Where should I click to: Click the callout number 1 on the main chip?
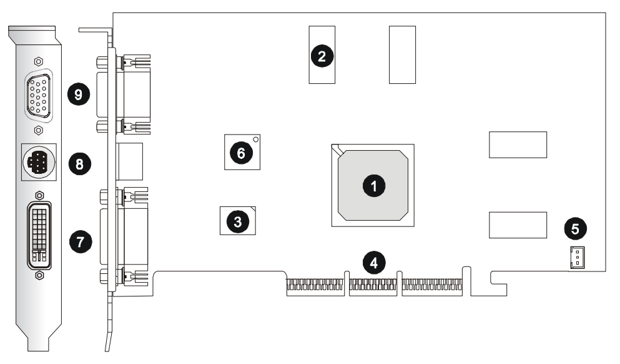[374, 185]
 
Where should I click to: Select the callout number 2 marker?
[322, 56]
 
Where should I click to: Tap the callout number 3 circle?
[238, 220]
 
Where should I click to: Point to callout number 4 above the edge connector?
[374, 262]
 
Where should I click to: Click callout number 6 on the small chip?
[242, 152]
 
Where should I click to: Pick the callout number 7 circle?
[80, 241]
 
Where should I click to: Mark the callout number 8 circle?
[79, 164]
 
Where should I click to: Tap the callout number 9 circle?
[79, 95]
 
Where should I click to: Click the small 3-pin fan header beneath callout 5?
[576, 256]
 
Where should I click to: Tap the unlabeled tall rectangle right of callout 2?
[402, 54]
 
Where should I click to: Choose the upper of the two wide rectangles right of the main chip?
[518, 144]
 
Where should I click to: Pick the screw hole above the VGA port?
[39, 62]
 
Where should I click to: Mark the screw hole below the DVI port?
[39, 275]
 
